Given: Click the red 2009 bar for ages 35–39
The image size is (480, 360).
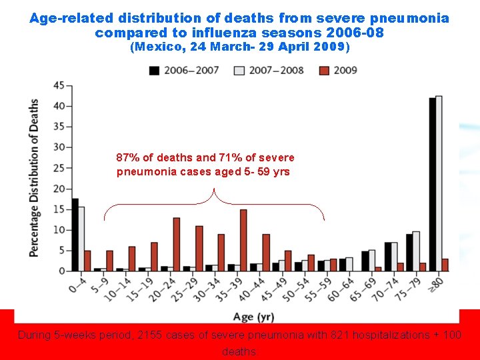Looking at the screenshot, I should (243, 240).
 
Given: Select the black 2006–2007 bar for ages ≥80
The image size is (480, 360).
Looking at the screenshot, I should (432, 184).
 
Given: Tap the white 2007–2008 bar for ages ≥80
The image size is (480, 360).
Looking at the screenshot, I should (439, 183).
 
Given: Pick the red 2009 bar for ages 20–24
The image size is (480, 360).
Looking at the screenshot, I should (177, 244).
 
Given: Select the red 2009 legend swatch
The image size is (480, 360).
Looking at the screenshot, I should (324, 71).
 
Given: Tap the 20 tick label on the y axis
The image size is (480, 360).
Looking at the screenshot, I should (59, 189).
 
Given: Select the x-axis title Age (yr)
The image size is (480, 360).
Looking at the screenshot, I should (253, 317).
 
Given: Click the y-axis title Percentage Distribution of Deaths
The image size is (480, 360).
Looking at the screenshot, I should (33, 178).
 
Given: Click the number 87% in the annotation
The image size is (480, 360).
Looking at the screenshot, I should (128, 158).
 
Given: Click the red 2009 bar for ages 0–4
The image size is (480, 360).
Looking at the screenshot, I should (87, 261).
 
